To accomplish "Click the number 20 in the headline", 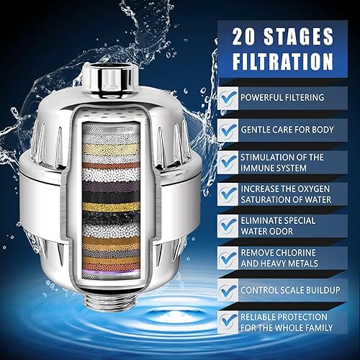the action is [x=243, y=37].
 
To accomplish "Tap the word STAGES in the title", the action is [x=299, y=37].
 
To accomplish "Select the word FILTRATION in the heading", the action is [x=283, y=61].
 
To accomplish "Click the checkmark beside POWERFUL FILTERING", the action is [x=228, y=99].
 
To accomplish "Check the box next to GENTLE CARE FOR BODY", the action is [x=228, y=130].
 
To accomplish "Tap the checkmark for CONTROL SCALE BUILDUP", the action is [x=228, y=290].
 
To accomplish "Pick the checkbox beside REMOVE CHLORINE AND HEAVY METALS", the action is [x=228, y=258].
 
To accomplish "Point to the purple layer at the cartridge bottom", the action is [x=111, y=271].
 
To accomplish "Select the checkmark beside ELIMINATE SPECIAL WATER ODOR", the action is [x=228, y=226].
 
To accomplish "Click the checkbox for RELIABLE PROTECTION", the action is [x=228, y=323].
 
